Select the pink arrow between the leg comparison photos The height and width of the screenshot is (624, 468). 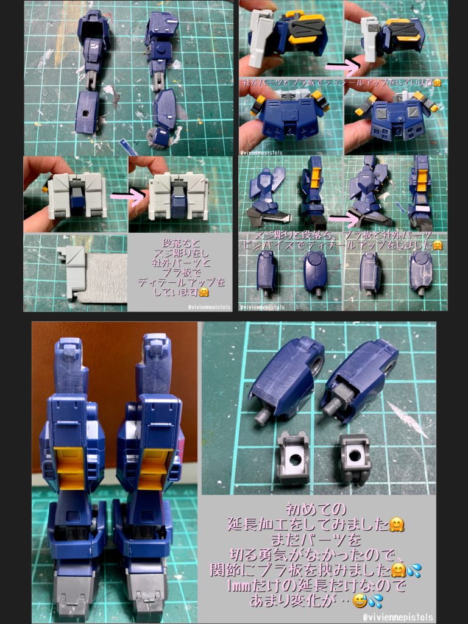pos(343,216)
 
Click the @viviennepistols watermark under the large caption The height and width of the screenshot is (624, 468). pos(399,617)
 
